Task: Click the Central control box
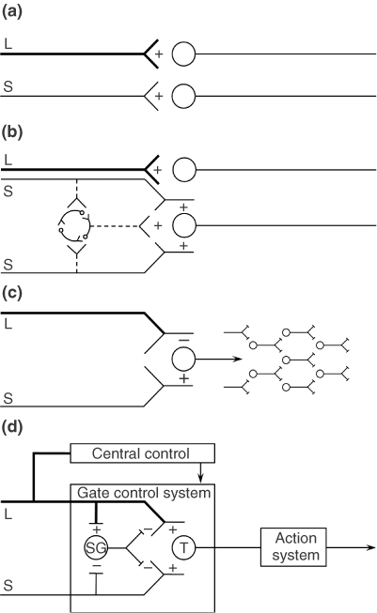(x=144, y=454)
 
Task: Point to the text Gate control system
(x=143, y=492)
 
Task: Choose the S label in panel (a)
(x=8, y=86)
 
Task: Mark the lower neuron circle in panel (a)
(x=184, y=96)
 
